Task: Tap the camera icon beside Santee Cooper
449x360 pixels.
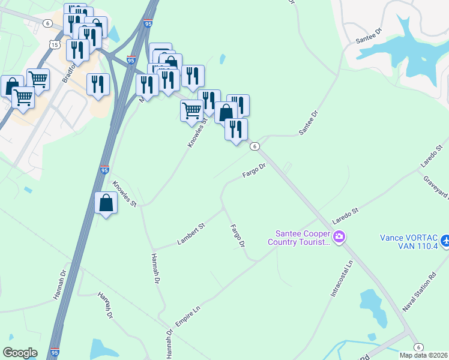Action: pyautogui.click(x=339, y=238)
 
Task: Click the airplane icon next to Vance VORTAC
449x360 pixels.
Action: pyautogui.click(x=445, y=241)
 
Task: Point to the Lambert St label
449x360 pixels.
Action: pyautogui.click(x=191, y=234)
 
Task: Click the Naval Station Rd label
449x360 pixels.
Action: pyautogui.click(x=418, y=294)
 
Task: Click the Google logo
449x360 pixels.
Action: pyautogui.click(x=20, y=353)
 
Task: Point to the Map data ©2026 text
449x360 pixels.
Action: pyautogui.click(x=424, y=355)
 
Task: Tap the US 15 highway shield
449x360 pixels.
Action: pyautogui.click(x=55, y=45)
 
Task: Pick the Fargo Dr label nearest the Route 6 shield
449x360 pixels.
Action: pyautogui.click(x=254, y=170)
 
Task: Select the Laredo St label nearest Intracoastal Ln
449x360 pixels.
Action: pyautogui.click(x=346, y=215)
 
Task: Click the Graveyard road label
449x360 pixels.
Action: pyautogui.click(x=436, y=187)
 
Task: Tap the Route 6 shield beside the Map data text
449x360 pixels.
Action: pyautogui.click(x=418, y=347)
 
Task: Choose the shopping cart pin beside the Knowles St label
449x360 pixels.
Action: pyautogui.click(x=191, y=110)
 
